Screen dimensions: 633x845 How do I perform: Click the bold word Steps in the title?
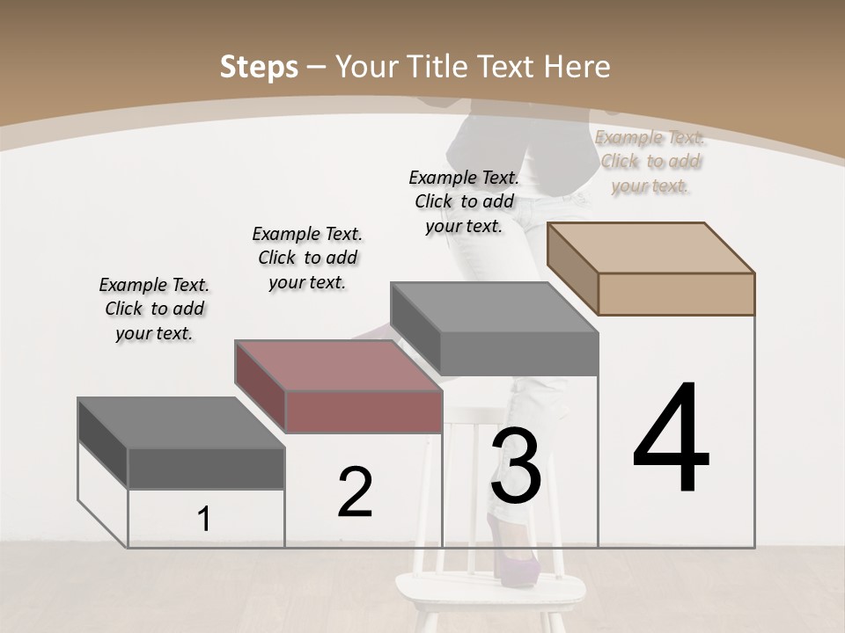[x=259, y=67]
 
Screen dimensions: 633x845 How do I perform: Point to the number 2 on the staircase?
[x=356, y=491]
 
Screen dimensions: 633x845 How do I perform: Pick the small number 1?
[x=204, y=519]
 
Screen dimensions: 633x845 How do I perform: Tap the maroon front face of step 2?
[x=364, y=411]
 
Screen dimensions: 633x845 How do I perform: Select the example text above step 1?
[x=154, y=309]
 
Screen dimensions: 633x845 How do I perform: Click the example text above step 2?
[x=307, y=258]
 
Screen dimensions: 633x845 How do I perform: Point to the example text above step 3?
[x=464, y=201]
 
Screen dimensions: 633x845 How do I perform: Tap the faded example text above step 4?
[x=650, y=161]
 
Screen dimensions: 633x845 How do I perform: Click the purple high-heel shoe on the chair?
[x=511, y=559]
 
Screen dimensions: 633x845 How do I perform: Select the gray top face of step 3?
[x=493, y=308]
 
